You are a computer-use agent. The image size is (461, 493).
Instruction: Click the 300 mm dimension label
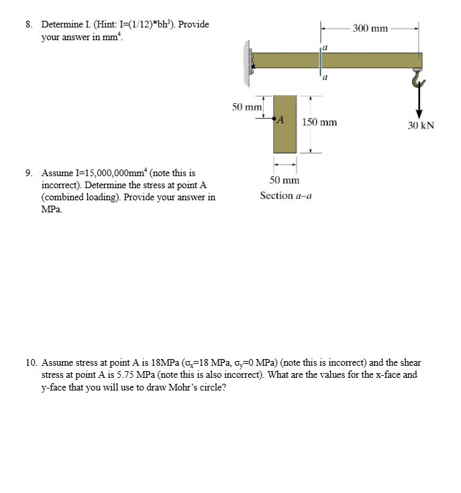[370, 28]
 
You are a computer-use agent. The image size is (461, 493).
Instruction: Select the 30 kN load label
[421, 125]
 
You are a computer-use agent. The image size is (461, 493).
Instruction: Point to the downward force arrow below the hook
[419, 104]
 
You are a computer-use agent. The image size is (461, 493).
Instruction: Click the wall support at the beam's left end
[247, 62]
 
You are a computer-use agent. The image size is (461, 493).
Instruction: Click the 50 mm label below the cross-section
[285, 180]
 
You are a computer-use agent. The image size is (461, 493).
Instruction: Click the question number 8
[29, 25]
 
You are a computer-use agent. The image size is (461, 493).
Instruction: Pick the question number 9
[29, 173]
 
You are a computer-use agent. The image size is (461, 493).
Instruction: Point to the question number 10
[32, 362]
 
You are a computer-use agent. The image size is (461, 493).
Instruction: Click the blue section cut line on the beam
[321, 60]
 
